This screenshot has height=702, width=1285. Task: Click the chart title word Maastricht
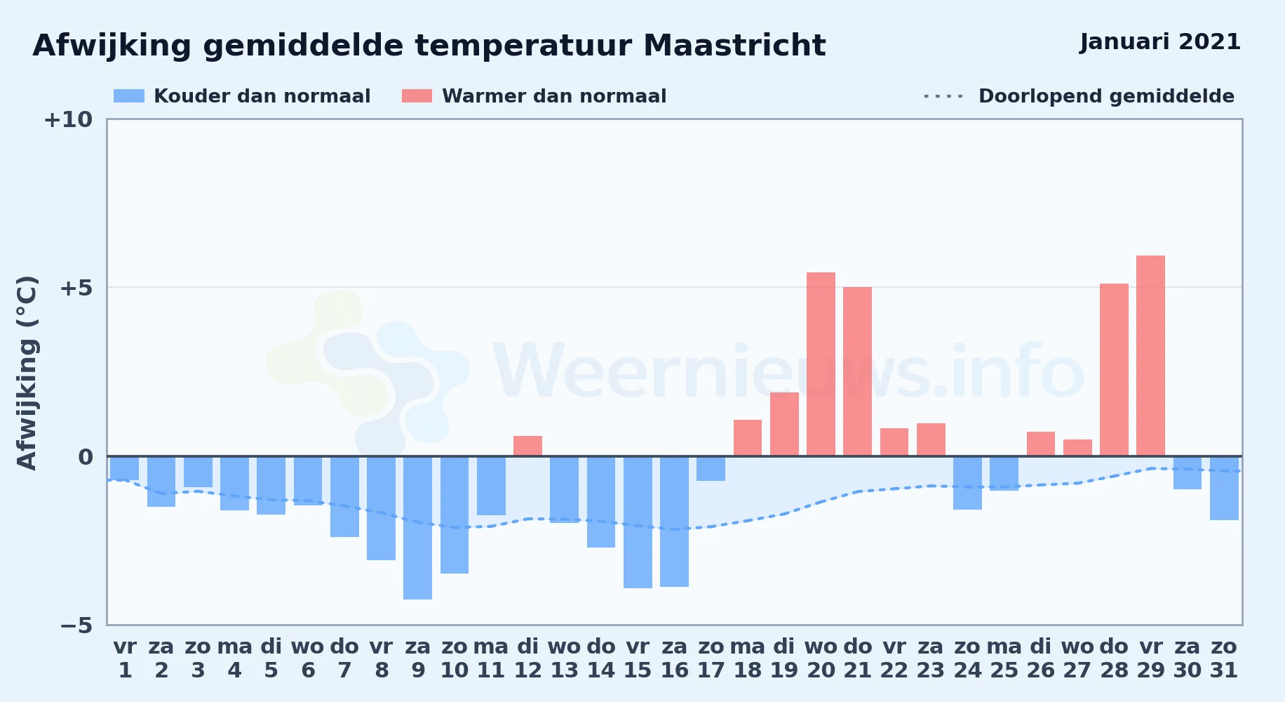[x=734, y=46]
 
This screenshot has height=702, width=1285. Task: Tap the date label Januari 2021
[x=1160, y=42]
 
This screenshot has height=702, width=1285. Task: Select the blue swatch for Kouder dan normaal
[x=129, y=96]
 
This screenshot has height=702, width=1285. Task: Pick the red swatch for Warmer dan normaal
[x=417, y=96]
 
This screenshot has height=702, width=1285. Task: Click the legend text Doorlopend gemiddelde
[x=1106, y=96]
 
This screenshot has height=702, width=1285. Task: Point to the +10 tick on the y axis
[x=68, y=119]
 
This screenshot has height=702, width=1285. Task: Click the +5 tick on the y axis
[x=76, y=288]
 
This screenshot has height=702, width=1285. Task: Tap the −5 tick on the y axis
[x=76, y=625]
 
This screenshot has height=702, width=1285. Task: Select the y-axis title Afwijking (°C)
[x=27, y=372]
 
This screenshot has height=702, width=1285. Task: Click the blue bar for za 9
[x=418, y=527]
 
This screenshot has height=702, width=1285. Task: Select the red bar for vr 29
[x=1150, y=356]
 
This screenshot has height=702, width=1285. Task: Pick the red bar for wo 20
[x=821, y=364]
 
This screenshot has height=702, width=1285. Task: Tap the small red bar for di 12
[x=527, y=446]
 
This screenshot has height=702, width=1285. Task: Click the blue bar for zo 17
[x=711, y=468]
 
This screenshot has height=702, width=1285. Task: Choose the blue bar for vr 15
[x=638, y=522]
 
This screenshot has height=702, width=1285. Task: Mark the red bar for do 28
[x=1114, y=370]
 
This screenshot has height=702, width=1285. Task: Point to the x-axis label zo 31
[x=1224, y=658]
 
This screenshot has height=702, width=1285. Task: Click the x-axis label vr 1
[x=125, y=658]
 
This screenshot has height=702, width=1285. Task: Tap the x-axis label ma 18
[x=748, y=658]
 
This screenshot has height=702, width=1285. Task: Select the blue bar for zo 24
[x=967, y=483]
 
